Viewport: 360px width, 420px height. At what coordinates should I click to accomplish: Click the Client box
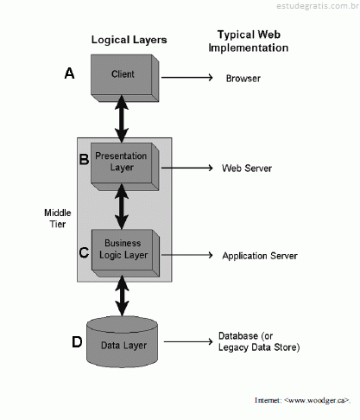click(x=125, y=78)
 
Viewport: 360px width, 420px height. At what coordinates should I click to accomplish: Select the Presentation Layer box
click(x=125, y=167)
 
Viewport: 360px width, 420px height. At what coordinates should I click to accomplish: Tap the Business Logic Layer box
click(x=125, y=253)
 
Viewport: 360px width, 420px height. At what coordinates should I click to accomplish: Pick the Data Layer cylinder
click(x=122, y=342)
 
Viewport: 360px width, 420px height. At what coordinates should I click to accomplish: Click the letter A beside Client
click(x=69, y=73)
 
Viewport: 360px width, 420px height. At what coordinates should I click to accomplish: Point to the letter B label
click(x=84, y=159)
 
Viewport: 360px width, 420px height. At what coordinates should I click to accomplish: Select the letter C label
click(x=84, y=252)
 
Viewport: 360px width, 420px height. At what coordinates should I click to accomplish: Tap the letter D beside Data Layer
click(x=77, y=342)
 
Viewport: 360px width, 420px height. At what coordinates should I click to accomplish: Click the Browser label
click(x=243, y=79)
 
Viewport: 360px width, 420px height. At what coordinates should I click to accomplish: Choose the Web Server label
click(x=247, y=169)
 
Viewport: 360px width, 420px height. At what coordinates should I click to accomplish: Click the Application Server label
click(x=260, y=256)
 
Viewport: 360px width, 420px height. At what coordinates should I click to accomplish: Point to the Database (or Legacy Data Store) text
click(x=259, y=341)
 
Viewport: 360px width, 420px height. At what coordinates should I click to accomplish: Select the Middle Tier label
click(x=58, y=219)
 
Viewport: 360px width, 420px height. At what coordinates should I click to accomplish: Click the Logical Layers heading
click(x=129, y=40)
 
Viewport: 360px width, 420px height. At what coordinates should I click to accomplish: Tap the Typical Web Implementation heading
click(x=249, y=41)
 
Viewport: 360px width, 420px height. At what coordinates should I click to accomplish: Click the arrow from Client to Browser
click(x=186, y=77)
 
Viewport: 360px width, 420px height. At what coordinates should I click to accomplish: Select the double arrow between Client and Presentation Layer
click(x=122, y=119)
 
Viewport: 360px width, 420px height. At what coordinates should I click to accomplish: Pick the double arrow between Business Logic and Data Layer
click(x=123, y=296)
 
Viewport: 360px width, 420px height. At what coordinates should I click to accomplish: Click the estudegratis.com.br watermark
click(x=318, y=6)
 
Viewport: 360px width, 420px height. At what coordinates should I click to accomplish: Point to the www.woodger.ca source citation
click(x=302, y=400)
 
